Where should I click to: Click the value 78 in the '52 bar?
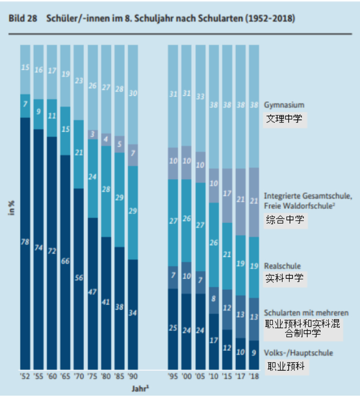(25, 242)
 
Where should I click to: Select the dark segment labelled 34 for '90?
(132, 313)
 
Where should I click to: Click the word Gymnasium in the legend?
(284, 105)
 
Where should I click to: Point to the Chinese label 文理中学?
(284, 120)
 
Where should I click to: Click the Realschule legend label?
(282, 266)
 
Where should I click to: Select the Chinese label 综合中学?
(284, 221)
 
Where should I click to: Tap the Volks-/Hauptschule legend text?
(298, 353)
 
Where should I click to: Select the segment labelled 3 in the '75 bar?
(92, 134)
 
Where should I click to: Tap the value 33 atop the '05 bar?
(200, 96)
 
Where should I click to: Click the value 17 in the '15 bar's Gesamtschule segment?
(227, 193)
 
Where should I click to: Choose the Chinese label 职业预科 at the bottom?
(285, 367)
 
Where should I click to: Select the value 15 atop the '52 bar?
(25, 67)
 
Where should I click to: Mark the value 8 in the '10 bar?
(213, 298)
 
